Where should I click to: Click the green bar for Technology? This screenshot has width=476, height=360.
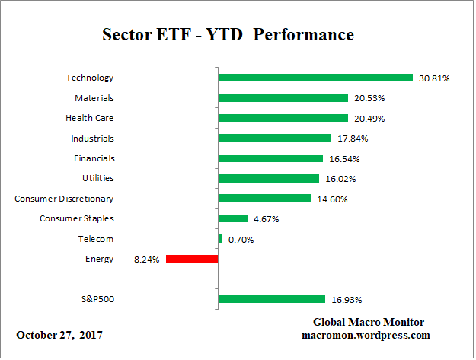click(x=315, y=78)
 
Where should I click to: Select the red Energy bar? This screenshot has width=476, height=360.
click(x=192, y=259)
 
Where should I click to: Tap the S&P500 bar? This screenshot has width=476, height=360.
click(x=272, y=299)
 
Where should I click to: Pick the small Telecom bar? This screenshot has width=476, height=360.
click(x=220, y=239)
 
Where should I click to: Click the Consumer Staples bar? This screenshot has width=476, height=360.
click(x=233, y=218)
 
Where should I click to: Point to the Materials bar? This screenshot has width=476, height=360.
click(x=283, y=98)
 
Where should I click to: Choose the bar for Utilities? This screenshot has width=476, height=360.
click(x=268, y=178)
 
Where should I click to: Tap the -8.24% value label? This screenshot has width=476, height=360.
click(x=145, y=260)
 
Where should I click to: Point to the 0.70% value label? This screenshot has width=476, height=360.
click(x=241, y=240)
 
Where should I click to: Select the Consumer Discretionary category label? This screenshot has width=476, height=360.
click(x=64, y=199)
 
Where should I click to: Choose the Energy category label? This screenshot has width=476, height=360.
click(x=100, y=260)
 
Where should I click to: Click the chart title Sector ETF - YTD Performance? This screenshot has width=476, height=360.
click(x=228, y=35)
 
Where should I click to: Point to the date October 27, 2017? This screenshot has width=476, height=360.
click(x=59, y=335)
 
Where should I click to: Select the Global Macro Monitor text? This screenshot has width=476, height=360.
click(x=368, y=322)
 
